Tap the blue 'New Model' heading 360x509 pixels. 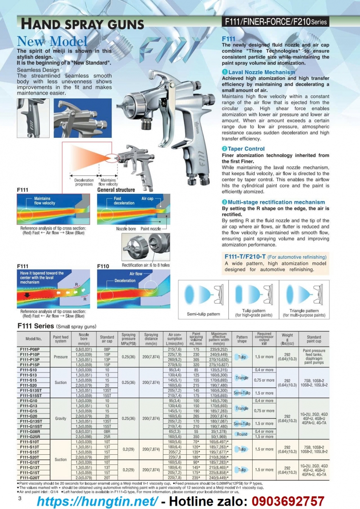(52, 41)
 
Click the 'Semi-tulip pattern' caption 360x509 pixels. (203, 314)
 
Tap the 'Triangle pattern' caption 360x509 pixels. (304, 311)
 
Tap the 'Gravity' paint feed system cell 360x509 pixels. (61, 418)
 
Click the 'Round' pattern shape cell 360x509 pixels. (242, 434)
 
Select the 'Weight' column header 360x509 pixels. (287, 335)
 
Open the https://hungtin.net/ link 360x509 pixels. (98, 501)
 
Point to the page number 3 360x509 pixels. (20, 498)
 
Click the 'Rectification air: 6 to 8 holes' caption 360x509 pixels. (146, 265)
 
